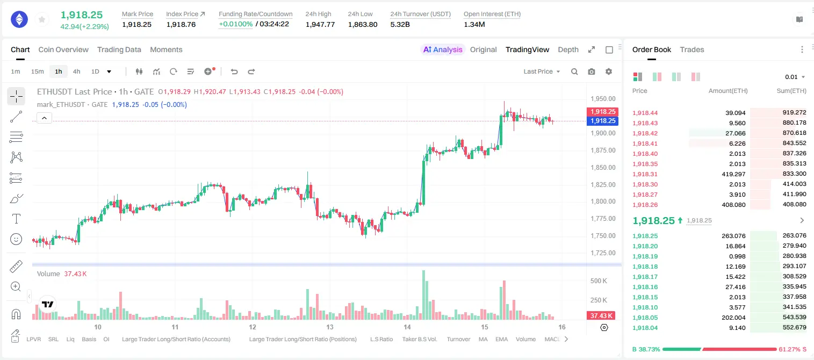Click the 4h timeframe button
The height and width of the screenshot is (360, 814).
(x=76, y=71)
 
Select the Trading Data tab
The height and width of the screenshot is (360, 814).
(x=119, y=49)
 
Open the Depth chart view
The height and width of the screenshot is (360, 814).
(x=568, y=49)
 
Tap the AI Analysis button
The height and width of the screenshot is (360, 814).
(x=443, y=49)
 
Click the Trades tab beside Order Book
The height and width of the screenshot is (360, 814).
(x=692, y=49)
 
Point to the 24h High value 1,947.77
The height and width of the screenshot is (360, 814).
(x=320, y=24)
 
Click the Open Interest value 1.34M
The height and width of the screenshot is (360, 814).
(x=474, y=24)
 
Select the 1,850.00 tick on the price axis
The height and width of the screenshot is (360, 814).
(x=603, y=168)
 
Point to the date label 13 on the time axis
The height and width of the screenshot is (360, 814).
(x=329, y=327)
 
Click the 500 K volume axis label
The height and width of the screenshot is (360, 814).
(x=599, y=281)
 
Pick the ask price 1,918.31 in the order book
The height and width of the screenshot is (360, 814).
(x=645, y=174)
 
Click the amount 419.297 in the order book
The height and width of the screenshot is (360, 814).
(x=733, y=174)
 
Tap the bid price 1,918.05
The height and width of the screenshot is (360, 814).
(x=645, y=318)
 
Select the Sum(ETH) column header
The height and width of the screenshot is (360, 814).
(x=791, y=91)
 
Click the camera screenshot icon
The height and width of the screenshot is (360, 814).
(x=592, y=71)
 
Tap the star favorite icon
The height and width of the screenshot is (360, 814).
(x=42, y=19)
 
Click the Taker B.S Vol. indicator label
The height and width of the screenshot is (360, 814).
(x=420, y=339)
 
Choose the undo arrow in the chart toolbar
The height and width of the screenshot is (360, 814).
(x=234, y=71)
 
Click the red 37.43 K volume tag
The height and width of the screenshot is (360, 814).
(x=601, y=316)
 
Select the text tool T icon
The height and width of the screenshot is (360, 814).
(x=16, y=219)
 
